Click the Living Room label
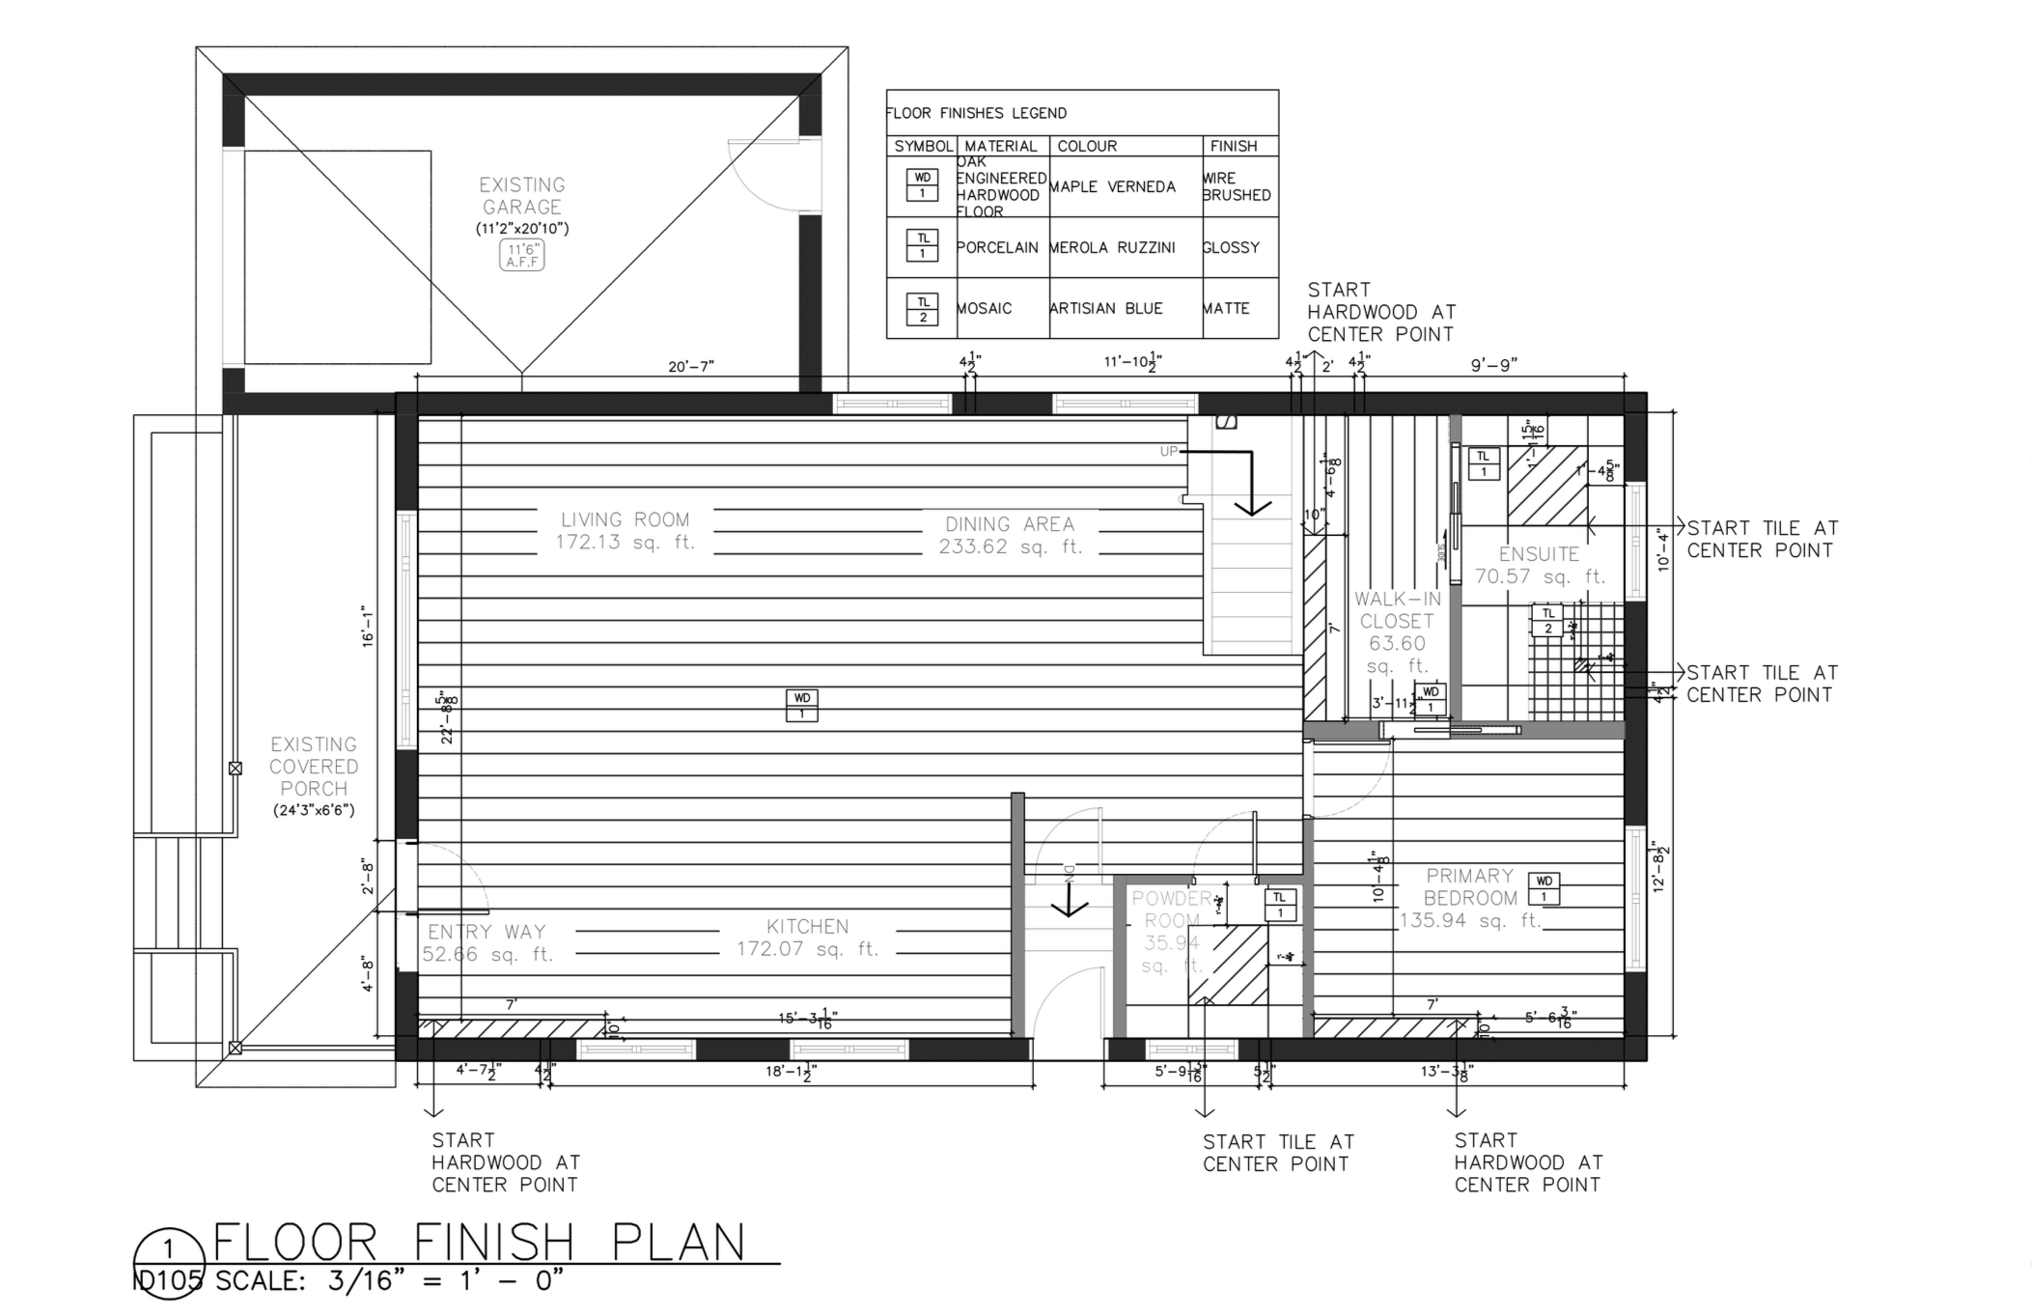pyautogui.click(x=625, y=530)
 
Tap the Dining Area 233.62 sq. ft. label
pyautogui.click(x=1010, y=535)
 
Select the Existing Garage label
pyautogui.click(x=522, y=196)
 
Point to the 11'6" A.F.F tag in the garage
pyautogui.click(x=522, y=255)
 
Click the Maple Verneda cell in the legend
pyautogui.click(x=1112, y=187)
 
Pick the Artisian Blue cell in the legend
pyautogui.click(x=1106, y=309)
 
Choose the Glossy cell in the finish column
pyautogui.click(x=1231, y=248)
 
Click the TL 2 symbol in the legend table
pyautogui.click(x=922, y=309)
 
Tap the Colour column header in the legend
pyautogui.click(x=1087, y=146)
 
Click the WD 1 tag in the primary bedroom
pyautogui.click(x=1544, y=888)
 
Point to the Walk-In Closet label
pyautogui.click(x=1396, y=632)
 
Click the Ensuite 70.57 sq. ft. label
pyautogui.click(x=1539, y=565)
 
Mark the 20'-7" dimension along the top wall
pyautogui.click(x=691, y=367)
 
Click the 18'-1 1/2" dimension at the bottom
pyautogui.click(x=790, y=1071)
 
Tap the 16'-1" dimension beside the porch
pyautogui.click(x=367, y=626)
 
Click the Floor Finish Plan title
pyautogui.click(x=480, y=1242)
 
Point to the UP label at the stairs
pyautogui.click(x=1168, y=451)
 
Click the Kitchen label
pyautogui.click(x=807, y=937)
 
